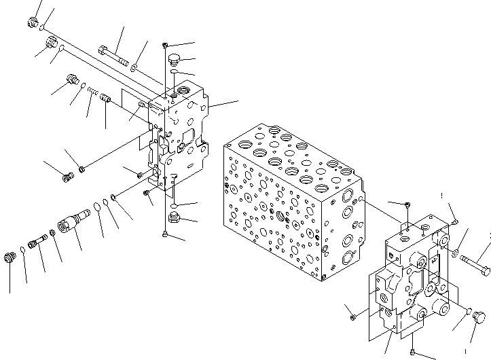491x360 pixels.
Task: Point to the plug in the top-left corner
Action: coord(32,24)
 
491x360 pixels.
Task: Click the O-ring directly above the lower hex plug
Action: coord(175,205)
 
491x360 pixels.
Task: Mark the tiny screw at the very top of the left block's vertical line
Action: coord(166,45)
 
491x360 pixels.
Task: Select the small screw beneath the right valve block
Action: coord(414,352)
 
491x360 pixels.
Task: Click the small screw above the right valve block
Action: coord(406,205)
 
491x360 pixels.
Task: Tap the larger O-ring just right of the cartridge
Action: coord(98,206)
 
